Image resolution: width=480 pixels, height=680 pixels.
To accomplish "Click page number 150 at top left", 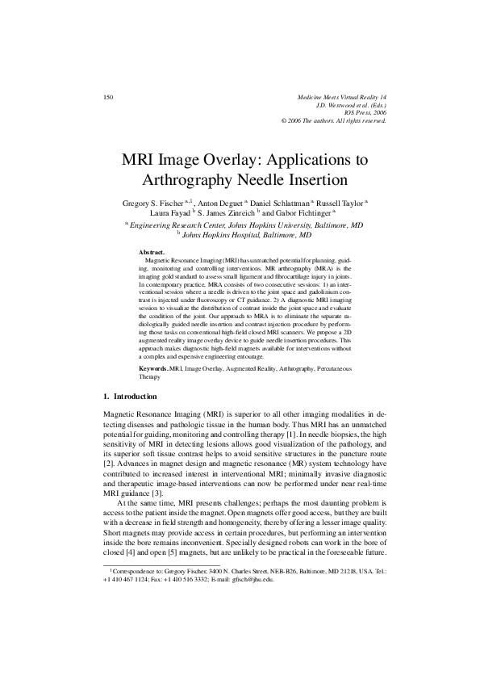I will point(108,97).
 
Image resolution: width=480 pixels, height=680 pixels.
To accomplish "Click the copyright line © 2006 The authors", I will point(333,121).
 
